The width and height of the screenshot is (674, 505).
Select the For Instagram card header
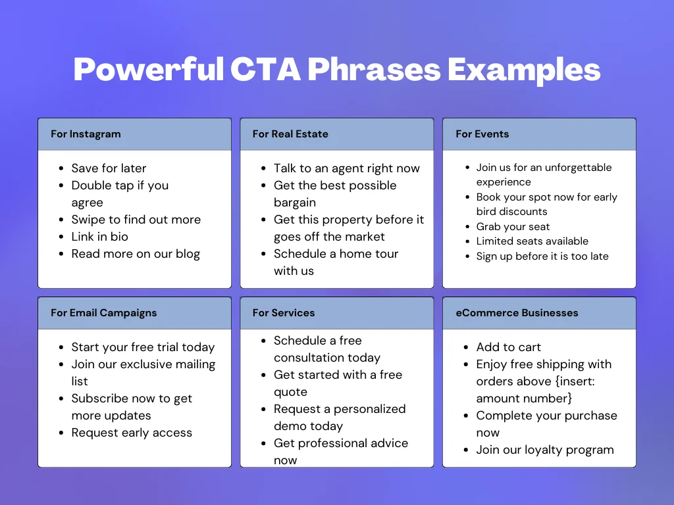86,134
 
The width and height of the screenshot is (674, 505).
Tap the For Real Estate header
290,134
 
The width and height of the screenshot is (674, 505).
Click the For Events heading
482,134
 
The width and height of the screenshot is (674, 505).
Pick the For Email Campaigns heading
104,313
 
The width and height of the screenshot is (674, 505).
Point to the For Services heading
284,313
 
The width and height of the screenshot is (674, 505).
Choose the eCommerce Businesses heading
517,313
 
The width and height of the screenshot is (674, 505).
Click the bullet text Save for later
109,168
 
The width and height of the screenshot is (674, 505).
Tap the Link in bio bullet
99,237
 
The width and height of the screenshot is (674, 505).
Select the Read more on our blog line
136,254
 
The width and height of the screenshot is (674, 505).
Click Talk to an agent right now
346,168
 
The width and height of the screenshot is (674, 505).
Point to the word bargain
295,203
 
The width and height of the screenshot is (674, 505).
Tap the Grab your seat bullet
513,227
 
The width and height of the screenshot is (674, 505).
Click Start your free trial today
143,347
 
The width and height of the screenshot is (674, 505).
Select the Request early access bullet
132,433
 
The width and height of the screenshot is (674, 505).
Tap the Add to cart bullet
508,347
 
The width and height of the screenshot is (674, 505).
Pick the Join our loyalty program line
545,450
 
